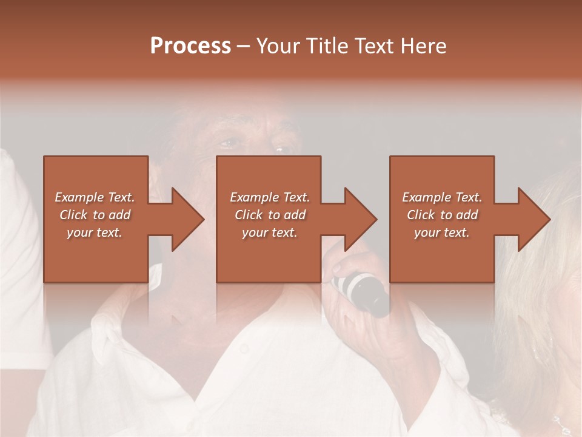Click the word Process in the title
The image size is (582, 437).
coord(190,46)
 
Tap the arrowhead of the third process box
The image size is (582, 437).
coord(531,219)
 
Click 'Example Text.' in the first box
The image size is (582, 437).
coord(95,197)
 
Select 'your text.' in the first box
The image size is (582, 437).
coord(95,232)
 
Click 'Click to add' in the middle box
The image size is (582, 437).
coord(270,215)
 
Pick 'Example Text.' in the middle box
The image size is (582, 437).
coord(270,197)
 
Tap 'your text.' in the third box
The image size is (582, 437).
coord(442,232)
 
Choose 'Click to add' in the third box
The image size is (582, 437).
coord(442,215)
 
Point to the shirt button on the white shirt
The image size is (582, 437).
coord(244,348)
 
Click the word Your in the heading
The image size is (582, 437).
coord(276,46)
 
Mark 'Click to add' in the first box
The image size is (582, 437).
coord(95,215)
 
